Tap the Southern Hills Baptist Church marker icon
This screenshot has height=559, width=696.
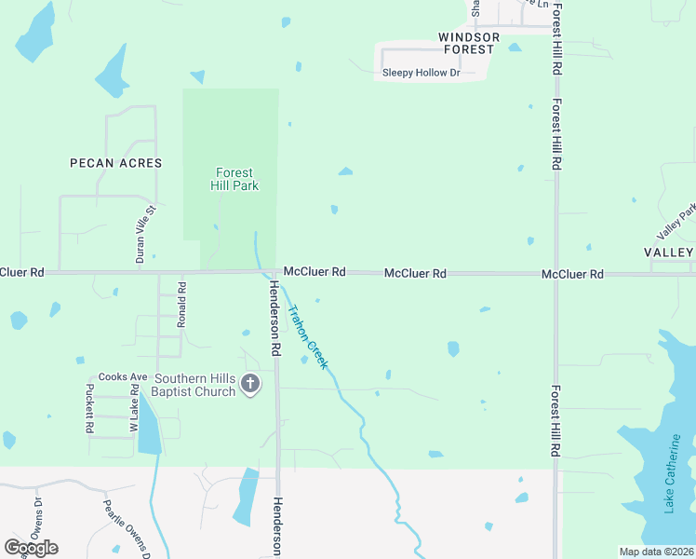(249, 383)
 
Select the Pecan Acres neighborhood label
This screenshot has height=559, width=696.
(116, 163)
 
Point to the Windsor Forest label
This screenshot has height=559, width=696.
(469, 43)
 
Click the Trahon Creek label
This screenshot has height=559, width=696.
(307, 337)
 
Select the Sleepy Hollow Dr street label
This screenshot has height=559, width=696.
(422, 73)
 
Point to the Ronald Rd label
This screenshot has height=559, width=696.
(182, 305)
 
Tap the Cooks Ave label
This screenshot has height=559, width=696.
(123, 377)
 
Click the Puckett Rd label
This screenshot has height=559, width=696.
(90, 409)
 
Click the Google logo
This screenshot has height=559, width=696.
(31, 547)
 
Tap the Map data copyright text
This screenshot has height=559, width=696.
(657, 552)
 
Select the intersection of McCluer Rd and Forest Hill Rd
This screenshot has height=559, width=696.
(556, 274)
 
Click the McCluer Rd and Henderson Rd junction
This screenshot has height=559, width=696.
(275, 273)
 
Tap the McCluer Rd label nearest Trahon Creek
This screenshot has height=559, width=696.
(315, 271)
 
